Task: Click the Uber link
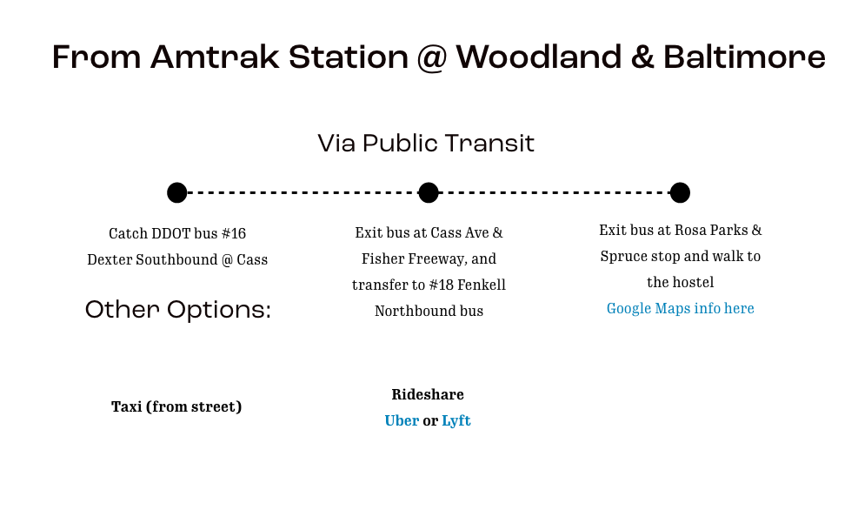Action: [402, 420]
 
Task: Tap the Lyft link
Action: [456, 420]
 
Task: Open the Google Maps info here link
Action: [680, 308]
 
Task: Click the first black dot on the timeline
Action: [176, 193]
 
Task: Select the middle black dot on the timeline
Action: [429, 193]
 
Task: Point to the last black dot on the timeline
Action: [680, 193]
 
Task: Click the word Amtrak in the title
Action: [215, 57]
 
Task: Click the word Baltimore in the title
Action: [744, 57]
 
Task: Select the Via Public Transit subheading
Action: [426, 144]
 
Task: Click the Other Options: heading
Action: [178, 310]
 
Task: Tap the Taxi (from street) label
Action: [176, 407]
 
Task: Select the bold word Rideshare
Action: [428, 394]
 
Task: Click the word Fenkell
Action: [482, 285]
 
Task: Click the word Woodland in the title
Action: [538, 57]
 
